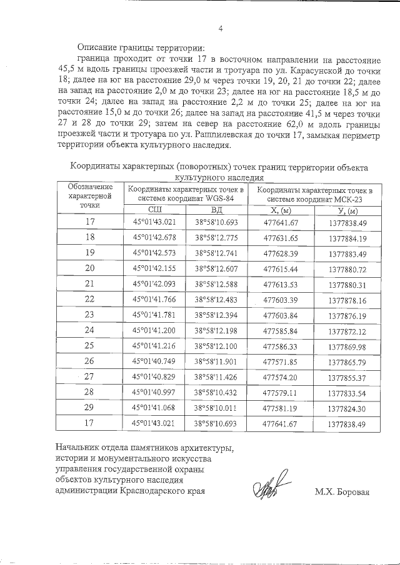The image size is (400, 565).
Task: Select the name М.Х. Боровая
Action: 342,491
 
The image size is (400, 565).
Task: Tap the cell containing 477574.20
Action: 281,376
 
